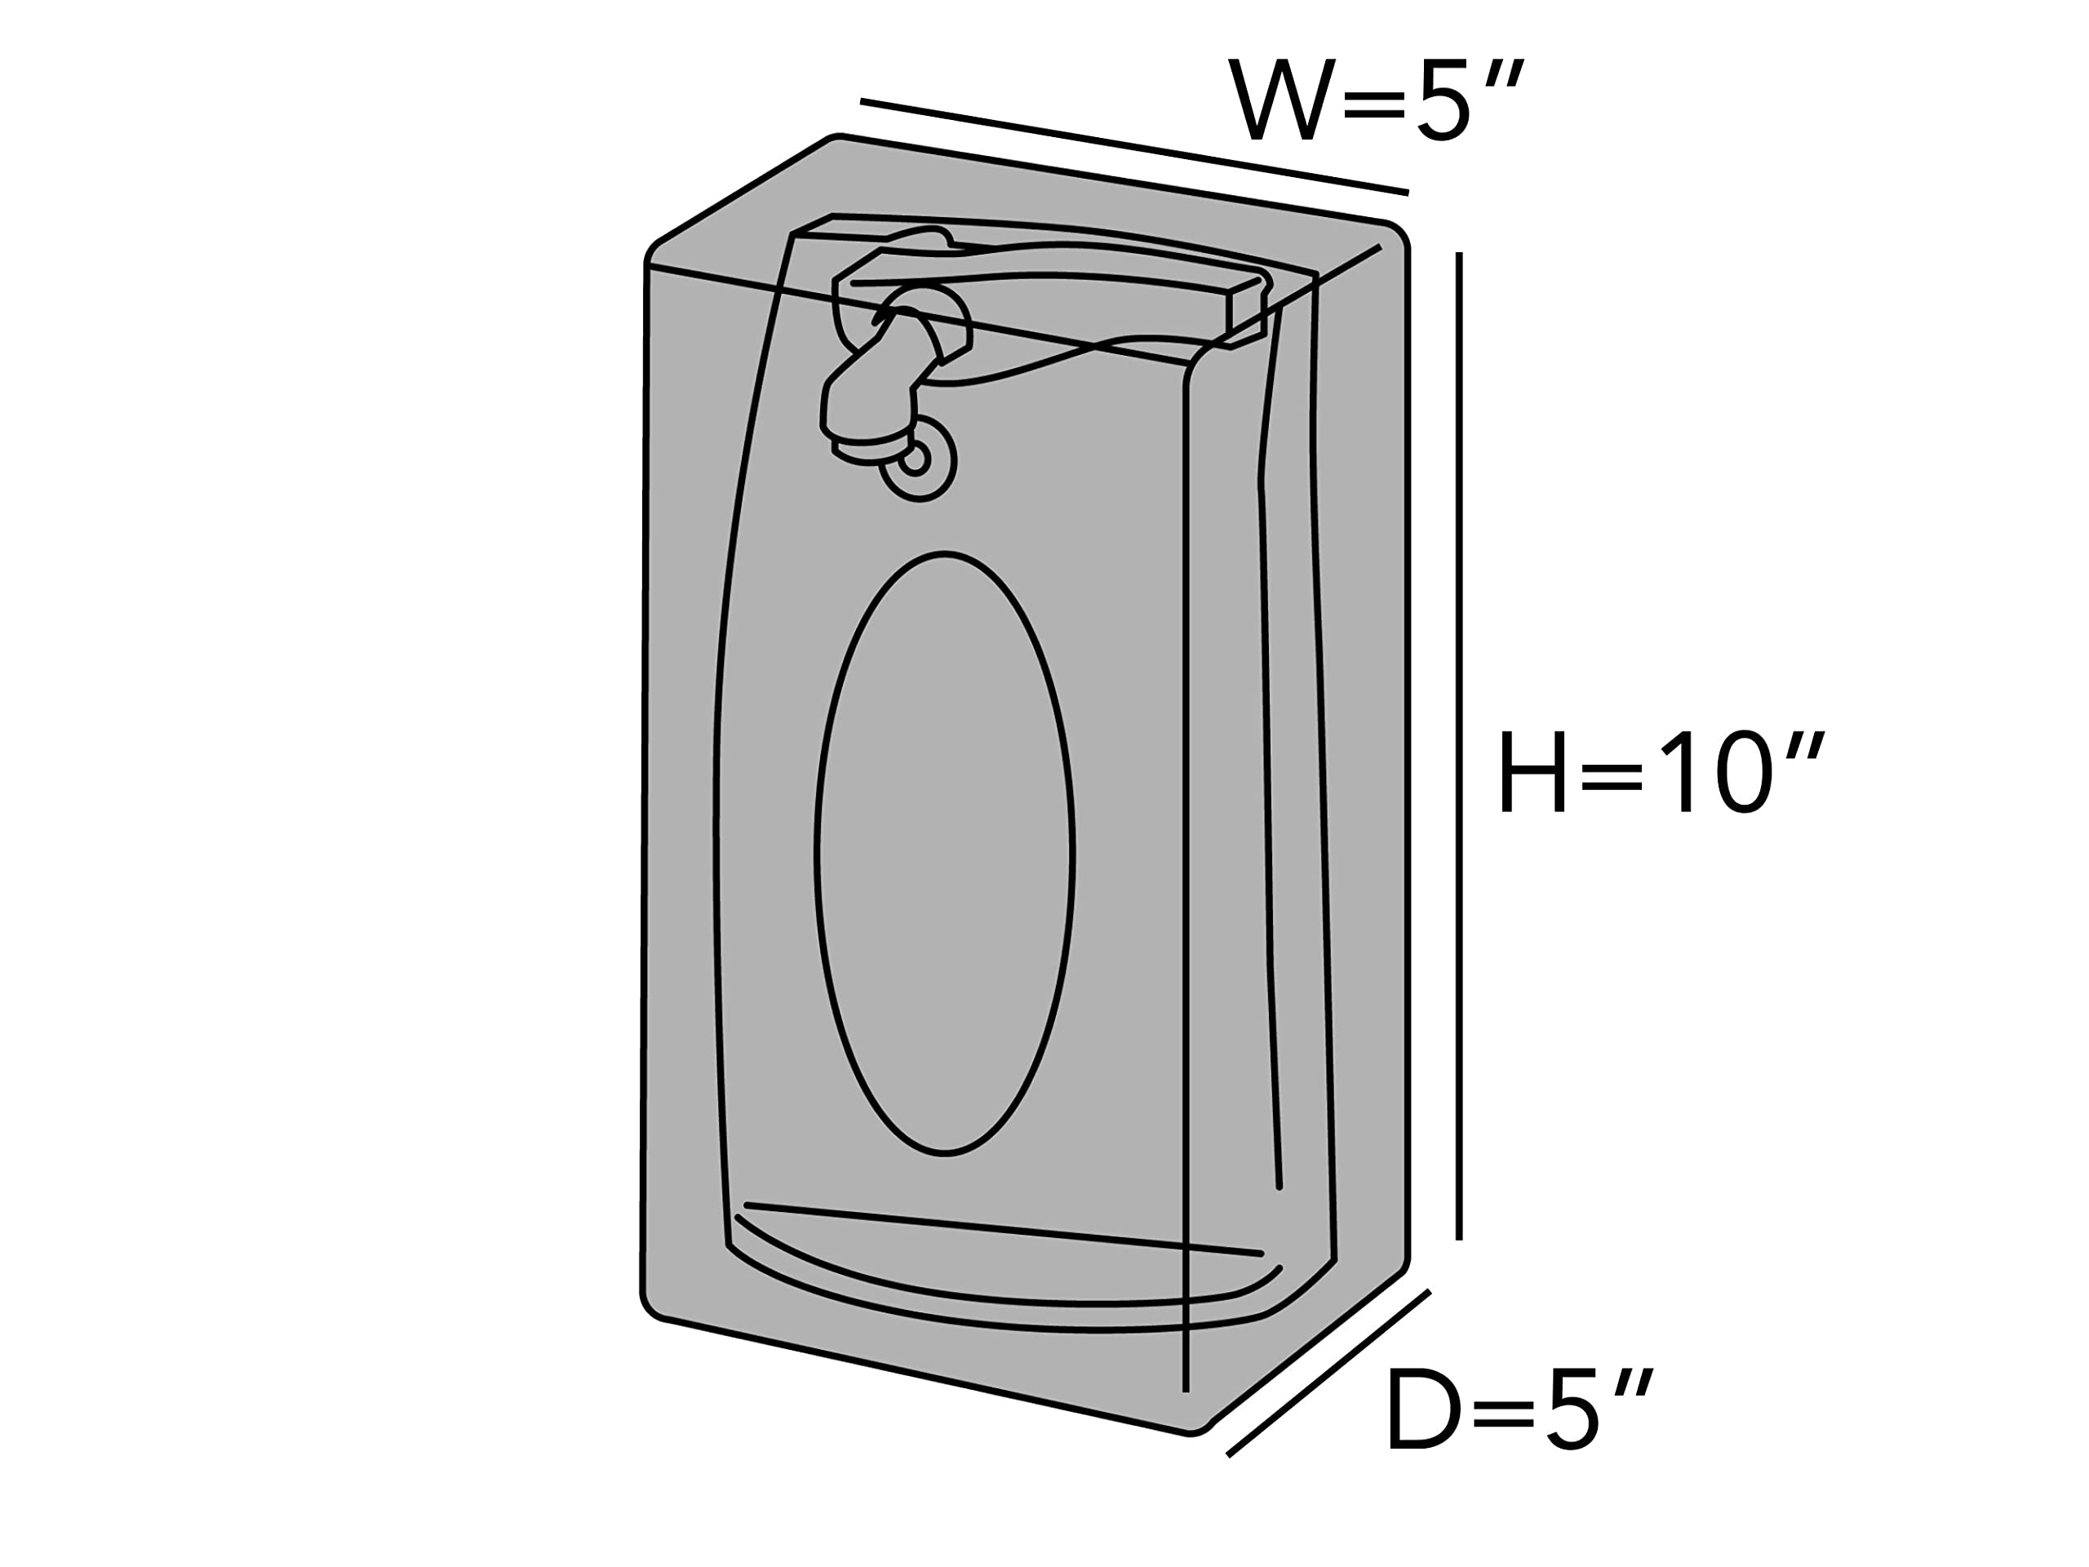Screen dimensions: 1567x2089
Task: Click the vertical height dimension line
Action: (x=1459, y=746)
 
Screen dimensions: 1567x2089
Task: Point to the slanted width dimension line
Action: (x=1133, y=146)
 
